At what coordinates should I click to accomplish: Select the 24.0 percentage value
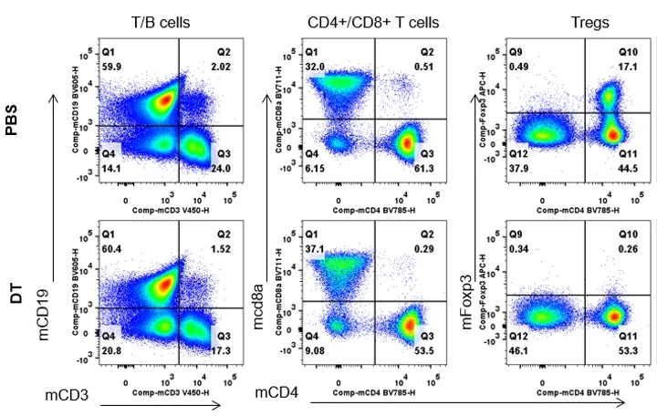pyautogui.click(x=224, y=168)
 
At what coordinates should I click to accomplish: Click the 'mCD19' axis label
pyautogui.click(x=45, y=313)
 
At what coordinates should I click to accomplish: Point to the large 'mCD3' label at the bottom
pyautogui.click(x=67, y=394)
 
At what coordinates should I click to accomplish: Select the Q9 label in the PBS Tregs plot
pyautogui.click(x=516, y=52)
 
